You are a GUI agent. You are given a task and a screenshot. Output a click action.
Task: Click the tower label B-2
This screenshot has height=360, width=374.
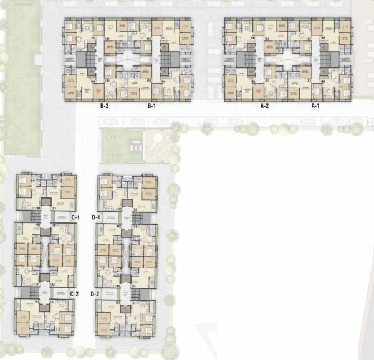coord(105,107)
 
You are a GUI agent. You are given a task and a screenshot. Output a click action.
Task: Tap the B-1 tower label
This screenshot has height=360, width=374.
coord(151,107)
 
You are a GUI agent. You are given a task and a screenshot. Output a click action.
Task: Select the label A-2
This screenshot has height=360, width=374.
coord(264,107)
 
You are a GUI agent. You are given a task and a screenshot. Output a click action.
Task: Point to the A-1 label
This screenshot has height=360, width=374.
coord(315,107)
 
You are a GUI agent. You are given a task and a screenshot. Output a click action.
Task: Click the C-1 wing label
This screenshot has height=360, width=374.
coord(74,217)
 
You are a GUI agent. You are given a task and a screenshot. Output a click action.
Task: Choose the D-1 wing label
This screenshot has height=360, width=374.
coord(96,217)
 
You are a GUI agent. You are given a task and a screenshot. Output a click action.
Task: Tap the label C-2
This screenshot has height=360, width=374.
coord(74,293)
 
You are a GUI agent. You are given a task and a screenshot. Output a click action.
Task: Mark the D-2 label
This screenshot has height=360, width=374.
coord(95,293)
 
